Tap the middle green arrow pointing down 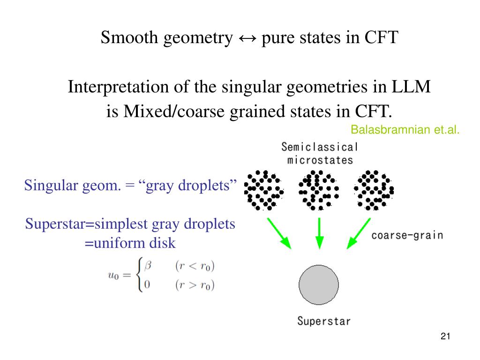(x=319, y=232)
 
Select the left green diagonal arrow (x=279, y=233)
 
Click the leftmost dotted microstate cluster (x=264, y=189)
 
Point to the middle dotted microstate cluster (x=319, y=189)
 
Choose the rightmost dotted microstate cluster (x=374, y=189)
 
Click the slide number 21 (x=445, y=336)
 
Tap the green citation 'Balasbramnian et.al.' (x=405, y=130)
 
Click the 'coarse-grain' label (x=407, y=235)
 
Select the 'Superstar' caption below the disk (x=324, y=322)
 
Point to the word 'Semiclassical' (x=319, y=147)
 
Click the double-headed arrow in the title (x=247, y=37)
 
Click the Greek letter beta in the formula (x=148, y=266)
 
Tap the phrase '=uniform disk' (x=130, y=243)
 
